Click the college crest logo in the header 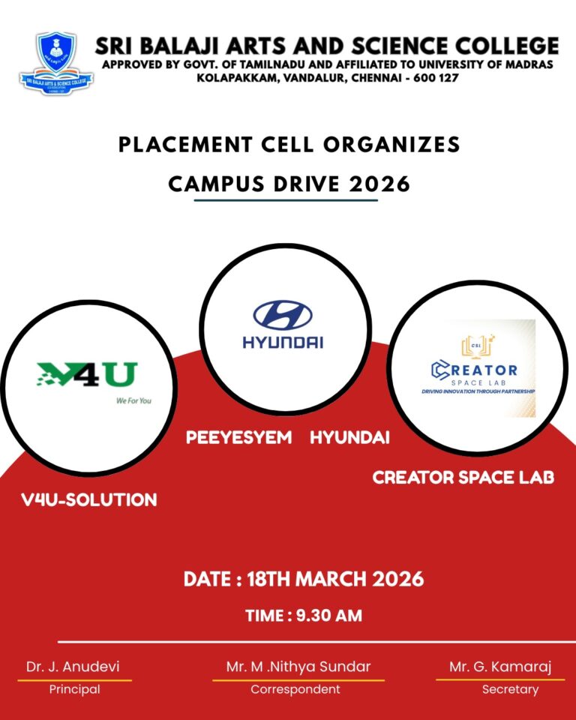(x=56, y=63)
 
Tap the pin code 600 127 (x=436, y=77)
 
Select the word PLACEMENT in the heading (x=185, y=145)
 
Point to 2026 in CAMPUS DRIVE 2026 (x=379, y=184)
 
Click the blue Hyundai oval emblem (x=283, y=316)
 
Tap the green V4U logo (x=87, y=374)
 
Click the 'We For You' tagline (x=133, y=400)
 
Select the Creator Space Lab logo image (x=478, y=368)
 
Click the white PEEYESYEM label (x=238, y=437)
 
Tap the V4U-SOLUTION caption (x=89, y=499)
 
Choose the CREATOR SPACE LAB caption (x=463, y=478)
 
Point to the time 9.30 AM (x=329, y=615)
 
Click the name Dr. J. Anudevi (x=73, y=667)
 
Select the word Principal (x=74, y=689)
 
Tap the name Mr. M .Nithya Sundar (x=298, y=667)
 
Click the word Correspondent (x=295, y=689)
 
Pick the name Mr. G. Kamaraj (x=500, y=667)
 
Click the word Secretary (x=510, y=690)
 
